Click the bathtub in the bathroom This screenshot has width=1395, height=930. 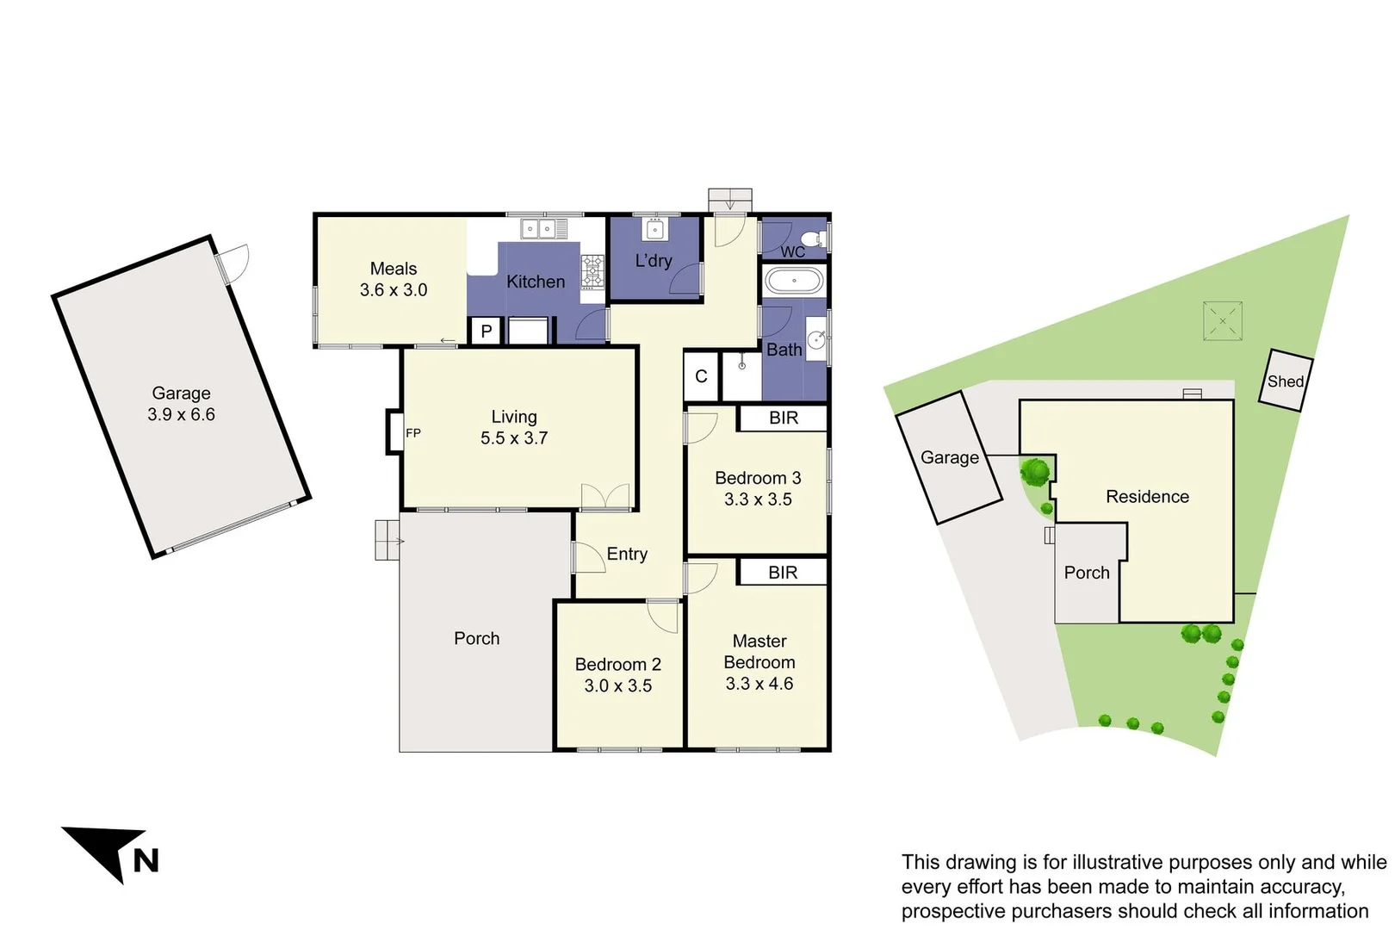(x=794, y=281)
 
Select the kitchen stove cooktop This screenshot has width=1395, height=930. (x=592, y=271)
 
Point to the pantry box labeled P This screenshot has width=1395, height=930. (x=487, y=332)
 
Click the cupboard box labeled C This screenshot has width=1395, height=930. (x=701, y=376)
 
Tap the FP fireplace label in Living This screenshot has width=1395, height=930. (x=413, y=433)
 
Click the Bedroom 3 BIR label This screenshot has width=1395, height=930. (x=784, y=418)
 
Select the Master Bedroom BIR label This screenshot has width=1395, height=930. (x=783, y=573)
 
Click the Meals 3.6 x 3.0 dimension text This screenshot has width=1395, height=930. (x=394, y=290)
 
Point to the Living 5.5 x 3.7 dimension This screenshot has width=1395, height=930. (x=514, y=438)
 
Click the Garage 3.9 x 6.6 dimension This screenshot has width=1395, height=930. (x=181, y=414)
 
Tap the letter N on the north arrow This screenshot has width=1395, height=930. (x=146, y=860)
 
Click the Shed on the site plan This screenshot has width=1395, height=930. (x=1285, y=381)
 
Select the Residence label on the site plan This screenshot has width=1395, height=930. (x=1147, y=497)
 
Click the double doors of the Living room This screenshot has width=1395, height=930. (x=605, y=497)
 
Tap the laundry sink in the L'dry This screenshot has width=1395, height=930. (x=654, y=230)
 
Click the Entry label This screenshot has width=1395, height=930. (x=627, y=555)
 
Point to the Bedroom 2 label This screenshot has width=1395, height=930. (x=617, y=665)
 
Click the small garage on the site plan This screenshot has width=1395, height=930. (x=948, y=457)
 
